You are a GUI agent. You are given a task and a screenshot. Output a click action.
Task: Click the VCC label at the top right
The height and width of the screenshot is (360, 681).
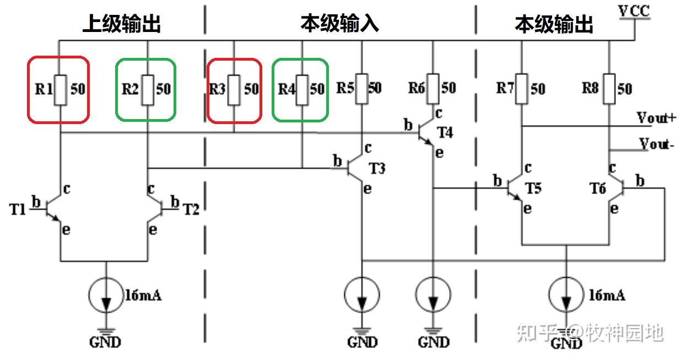click(x=634, y=11)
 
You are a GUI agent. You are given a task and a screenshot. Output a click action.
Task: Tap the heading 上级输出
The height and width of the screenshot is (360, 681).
click(x=121, y=24)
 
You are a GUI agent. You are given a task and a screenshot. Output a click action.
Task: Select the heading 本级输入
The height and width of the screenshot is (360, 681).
click(x=339, y=24)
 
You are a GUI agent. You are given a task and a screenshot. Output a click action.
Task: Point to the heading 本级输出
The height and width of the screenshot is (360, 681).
click(x=554, y=24)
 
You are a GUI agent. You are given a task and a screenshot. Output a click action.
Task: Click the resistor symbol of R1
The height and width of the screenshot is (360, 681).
click(x=60, y=89)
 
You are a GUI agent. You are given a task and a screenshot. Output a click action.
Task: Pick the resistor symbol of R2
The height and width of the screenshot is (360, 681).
click(x=147, y=89)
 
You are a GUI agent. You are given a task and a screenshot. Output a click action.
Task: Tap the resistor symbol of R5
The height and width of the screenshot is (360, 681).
click(x=361, y=88)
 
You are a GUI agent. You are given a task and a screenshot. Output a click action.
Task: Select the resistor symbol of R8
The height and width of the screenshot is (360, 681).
click(x=609, y=88)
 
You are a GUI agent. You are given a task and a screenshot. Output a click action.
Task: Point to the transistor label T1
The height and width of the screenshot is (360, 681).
click(x=18, y=209)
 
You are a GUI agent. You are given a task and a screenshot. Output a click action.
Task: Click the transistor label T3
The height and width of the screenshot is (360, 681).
click(x=377, y=168)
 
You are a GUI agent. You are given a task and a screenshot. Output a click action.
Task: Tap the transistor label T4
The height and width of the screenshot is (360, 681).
click(x=445, y=133)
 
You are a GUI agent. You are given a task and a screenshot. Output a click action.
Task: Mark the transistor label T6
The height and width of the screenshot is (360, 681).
click(x=597, y=189)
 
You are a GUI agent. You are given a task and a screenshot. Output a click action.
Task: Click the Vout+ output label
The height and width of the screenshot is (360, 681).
click(x=656, y=117)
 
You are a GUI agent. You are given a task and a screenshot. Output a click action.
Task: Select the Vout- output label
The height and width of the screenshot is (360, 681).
click(x=657, y=144)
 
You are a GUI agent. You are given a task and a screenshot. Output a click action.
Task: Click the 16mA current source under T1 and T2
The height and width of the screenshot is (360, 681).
click(x=105, y=296)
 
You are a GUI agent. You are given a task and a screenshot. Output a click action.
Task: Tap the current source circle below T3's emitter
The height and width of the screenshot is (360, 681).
click(x=362, y=296)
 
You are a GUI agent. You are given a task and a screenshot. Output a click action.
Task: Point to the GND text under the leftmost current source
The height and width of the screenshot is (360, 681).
click(x=105, y=342)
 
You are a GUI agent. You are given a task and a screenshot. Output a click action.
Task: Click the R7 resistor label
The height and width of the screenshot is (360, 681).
click(x=505, y=88)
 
